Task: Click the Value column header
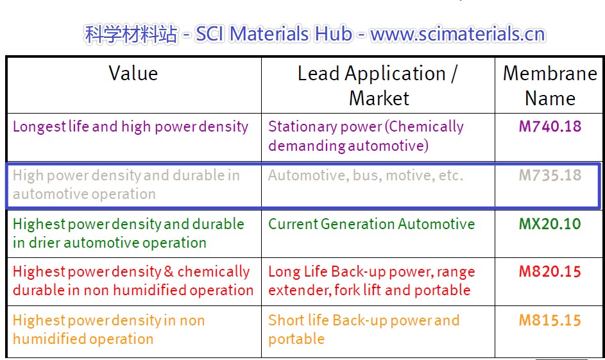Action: point(133,73)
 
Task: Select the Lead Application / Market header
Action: point(378,85)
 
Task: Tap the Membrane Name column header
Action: point(550,85)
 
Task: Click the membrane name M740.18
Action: point(550,126)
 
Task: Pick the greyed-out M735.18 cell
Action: point(550,176)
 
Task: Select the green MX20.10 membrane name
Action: point(550,224)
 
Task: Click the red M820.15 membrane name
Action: point(550,272)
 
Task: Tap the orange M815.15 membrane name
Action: point(550,321)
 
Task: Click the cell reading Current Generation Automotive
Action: point(371,224)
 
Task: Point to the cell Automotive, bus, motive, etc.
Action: point(366,176)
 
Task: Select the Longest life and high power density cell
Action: point(130,127)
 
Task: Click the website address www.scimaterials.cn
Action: point(457,34)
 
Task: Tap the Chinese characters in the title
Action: point(131,34)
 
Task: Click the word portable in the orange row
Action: point(296,339)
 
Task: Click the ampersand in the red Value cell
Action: point(169,272)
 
